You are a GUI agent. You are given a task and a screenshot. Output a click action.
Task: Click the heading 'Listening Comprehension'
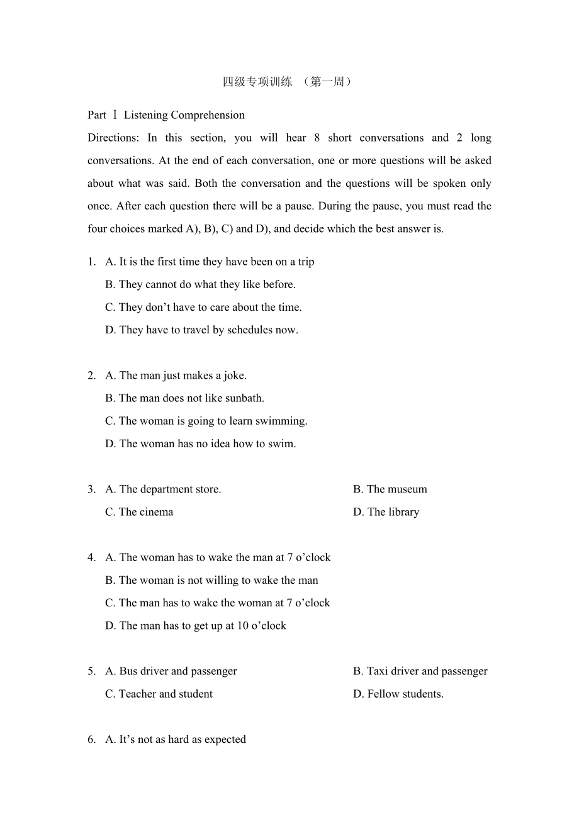click(x=184, y=115)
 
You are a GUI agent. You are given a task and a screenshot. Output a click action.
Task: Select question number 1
click(x=92, y=262)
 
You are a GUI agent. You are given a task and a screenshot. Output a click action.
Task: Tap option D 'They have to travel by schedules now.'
click(x=201, y=330)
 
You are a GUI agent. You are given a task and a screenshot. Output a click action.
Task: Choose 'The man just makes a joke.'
click(x=176, y=376)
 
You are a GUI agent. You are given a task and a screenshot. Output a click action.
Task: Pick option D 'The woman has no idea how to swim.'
click(x=200, y=443)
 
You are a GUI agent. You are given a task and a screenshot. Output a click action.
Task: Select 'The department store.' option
click(x=163, y=489)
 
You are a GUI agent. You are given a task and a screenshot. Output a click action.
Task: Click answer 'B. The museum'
click(x=390, y=489)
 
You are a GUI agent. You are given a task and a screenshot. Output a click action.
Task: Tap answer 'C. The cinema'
click(x=139, y=512)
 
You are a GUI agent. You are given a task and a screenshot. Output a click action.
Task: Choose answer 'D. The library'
click(x=386, y=512)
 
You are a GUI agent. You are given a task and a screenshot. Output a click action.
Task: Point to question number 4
click(x=92, y=557)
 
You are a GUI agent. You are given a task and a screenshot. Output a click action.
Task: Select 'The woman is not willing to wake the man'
click(x=211, y=580)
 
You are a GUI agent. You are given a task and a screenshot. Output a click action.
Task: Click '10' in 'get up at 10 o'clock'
click(x=242, y=625)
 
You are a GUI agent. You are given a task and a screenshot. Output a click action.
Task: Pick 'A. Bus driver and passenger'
click(x=171, y=671)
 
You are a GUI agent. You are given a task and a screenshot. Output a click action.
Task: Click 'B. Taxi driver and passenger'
click(x=420, y=671)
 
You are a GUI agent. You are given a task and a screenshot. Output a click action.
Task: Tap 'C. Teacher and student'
click(x=159, y=694)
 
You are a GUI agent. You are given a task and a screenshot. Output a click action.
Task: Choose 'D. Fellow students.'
click(x=398, y=694)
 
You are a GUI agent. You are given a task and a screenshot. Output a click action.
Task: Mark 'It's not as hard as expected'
click(x=176, y=739)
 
